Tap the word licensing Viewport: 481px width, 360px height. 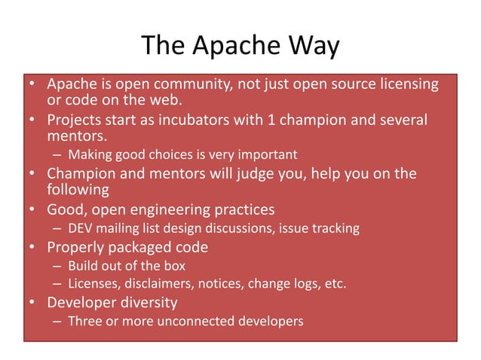point(406,84)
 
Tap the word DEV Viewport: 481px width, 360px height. point(81,227)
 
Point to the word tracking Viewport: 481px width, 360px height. point(337,227)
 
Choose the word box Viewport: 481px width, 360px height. point(172,266)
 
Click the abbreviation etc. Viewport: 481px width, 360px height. point(335,284)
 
